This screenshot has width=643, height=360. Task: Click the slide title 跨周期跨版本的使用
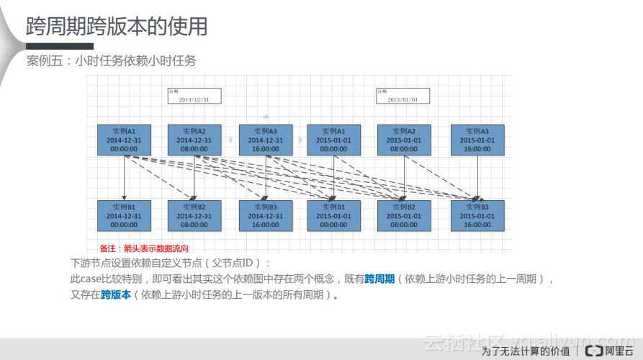pyautogui.click(x=117, y=27)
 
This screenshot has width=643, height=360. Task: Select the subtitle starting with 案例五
pyautogui.click(x=111, y=61)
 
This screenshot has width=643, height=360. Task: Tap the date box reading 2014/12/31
pyautogui.click(x=194, y=96)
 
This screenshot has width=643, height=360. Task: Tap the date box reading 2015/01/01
pyautogui.click(x=403, y=96)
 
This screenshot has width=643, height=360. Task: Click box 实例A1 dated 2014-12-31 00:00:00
pyautogui.click(x=124, y=140)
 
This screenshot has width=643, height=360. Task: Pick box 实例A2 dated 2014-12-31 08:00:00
pyautogui.click(x=194, y=140)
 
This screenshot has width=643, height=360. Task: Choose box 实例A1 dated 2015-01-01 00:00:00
pyautogui.click(x=333, y=140)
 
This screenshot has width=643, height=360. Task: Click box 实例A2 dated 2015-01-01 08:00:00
pyautogui.click(x=403, y=140)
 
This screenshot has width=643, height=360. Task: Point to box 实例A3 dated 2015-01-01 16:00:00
pyautogui.click(x=477, y=140)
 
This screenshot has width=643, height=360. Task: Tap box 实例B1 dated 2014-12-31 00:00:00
pyautogui.click(x=124, y=215)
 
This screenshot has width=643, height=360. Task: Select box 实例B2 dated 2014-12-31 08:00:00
pyautogui.click(x=194, y=215)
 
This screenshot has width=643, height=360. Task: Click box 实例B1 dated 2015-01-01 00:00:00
pyautogui.click(x=333, y=215)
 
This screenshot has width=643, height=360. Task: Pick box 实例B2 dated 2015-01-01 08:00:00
pyautogui.click(x=403, y=215)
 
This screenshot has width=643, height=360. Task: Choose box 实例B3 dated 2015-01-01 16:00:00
pyautogui.click(x=477, y=215)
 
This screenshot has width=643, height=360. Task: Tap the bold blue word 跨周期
pyautogui.click(x=379, y=279)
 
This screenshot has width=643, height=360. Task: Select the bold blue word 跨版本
pyautogui.click(x=116, y=294)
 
